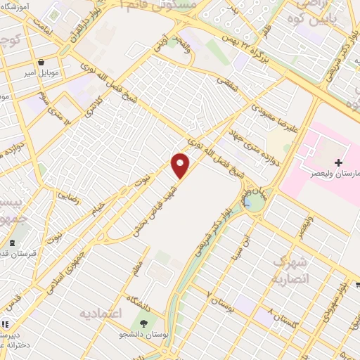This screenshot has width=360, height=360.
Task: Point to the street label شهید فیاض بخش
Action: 155,205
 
